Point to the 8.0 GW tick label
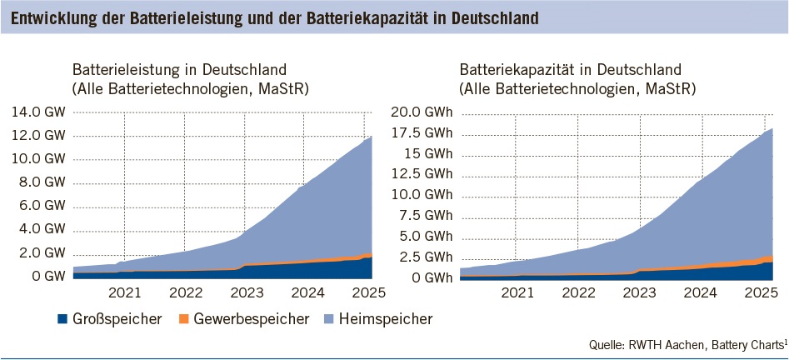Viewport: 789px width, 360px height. (x=36, y=182)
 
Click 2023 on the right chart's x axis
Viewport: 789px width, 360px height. (x=639, y=292)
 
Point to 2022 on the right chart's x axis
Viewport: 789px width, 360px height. (x=578, y=292)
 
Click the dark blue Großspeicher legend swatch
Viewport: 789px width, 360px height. (x=62, y=318)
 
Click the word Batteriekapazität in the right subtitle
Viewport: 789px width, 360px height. (x=515, y=69)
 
